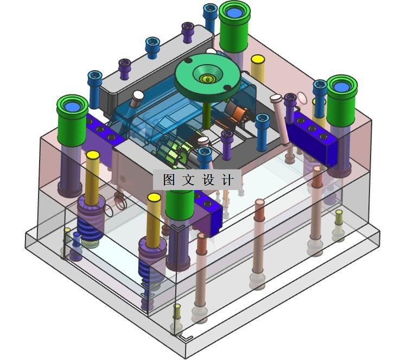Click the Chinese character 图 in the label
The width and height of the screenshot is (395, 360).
pos(169,180)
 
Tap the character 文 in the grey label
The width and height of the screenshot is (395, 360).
pos(188,180)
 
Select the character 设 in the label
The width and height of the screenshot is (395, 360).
pos(208,180)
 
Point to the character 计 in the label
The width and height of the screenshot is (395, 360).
pos(228,180)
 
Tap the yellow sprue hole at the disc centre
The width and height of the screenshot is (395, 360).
pos(207,79)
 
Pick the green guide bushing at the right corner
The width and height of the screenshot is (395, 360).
pos(342,99)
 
